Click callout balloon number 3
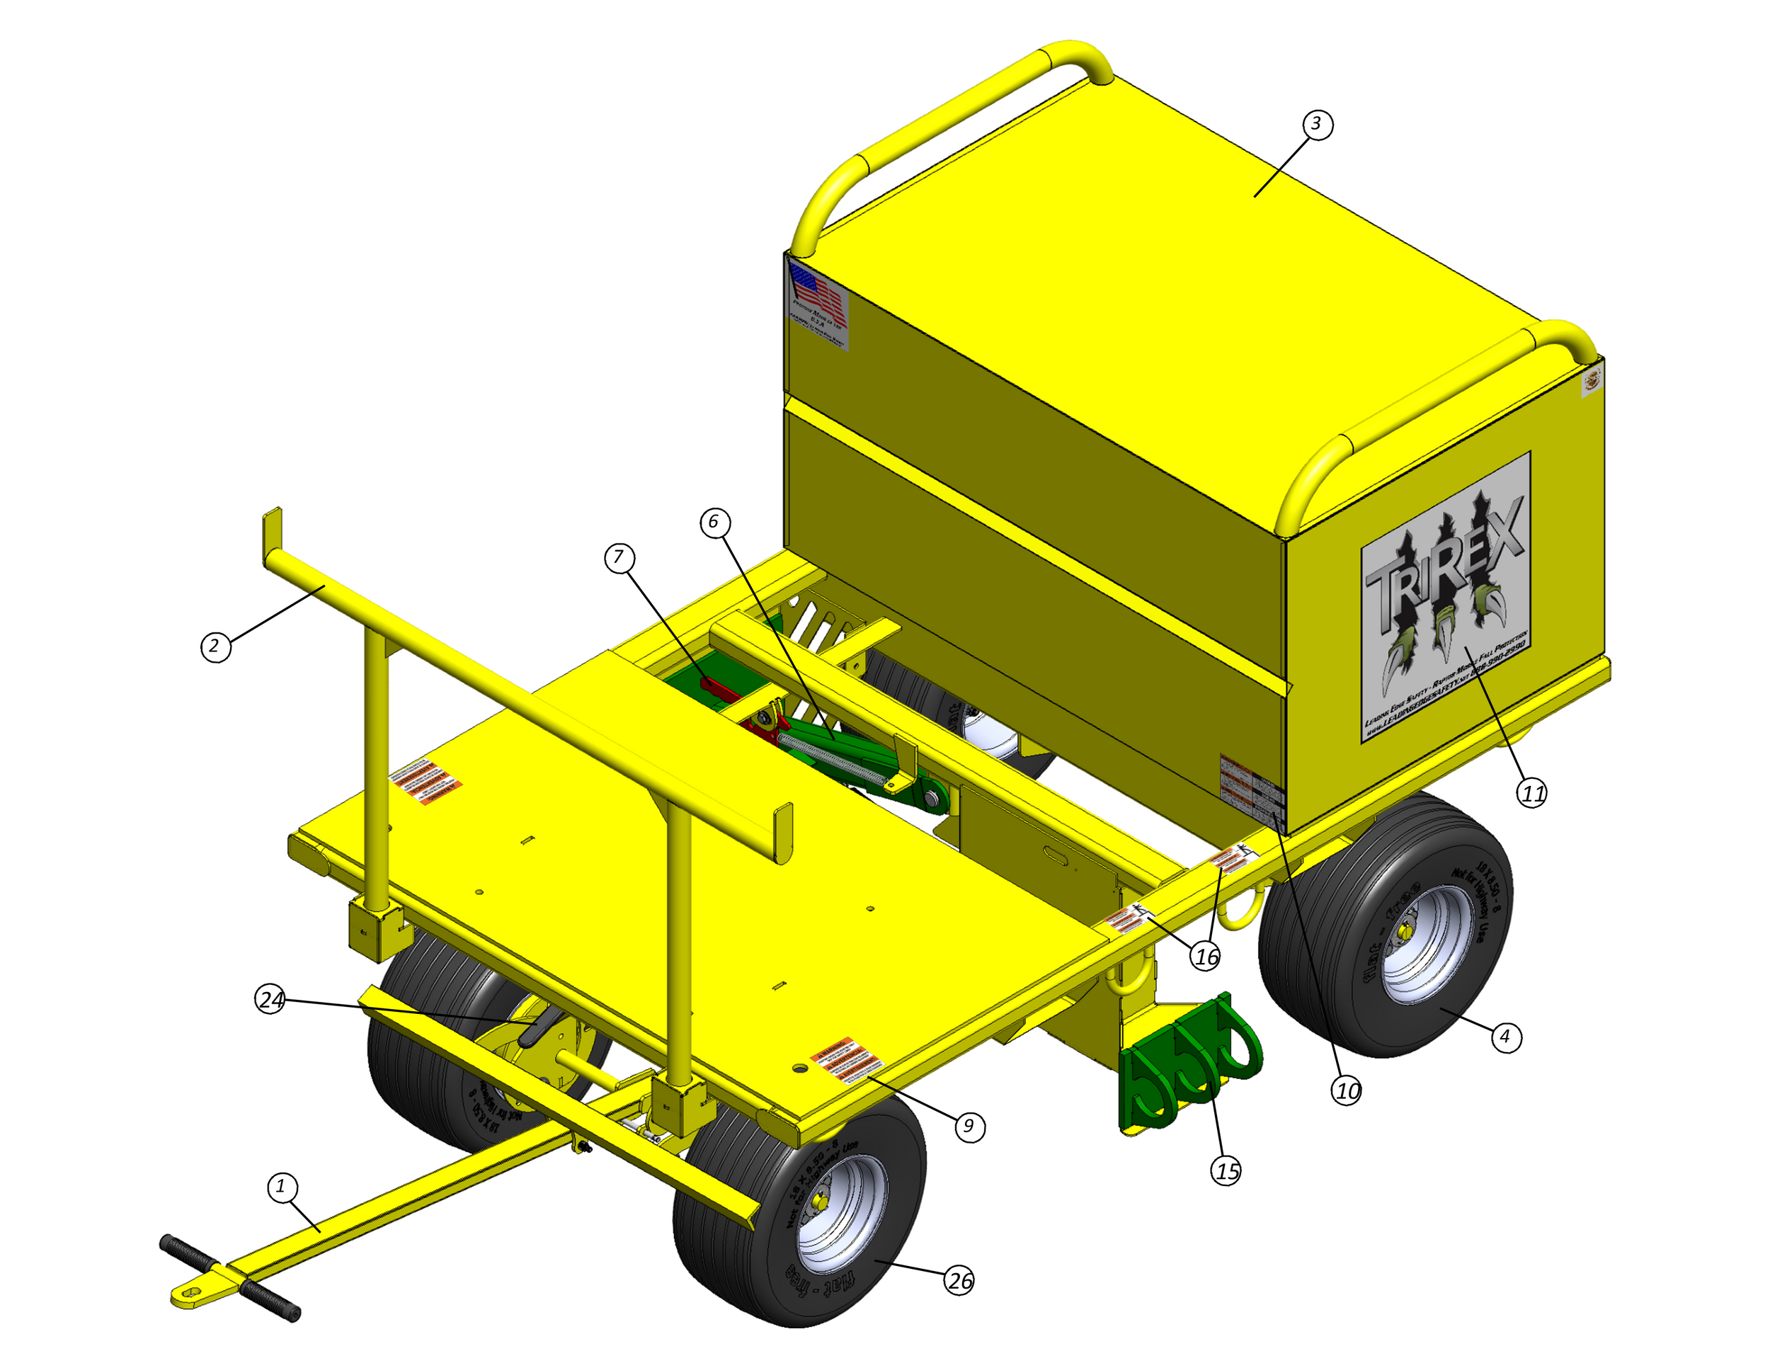point(1317,124)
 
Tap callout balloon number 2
point(215,646)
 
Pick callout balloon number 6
point(714,522)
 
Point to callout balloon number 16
point(1206,957)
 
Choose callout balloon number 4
point(1505,1037)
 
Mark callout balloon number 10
point(1347,1091)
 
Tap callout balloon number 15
point(1227,1171)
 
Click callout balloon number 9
point(969,1127)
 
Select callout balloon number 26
point(959,1282)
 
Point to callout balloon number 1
point(282,1187)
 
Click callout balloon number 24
point(270,1000)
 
